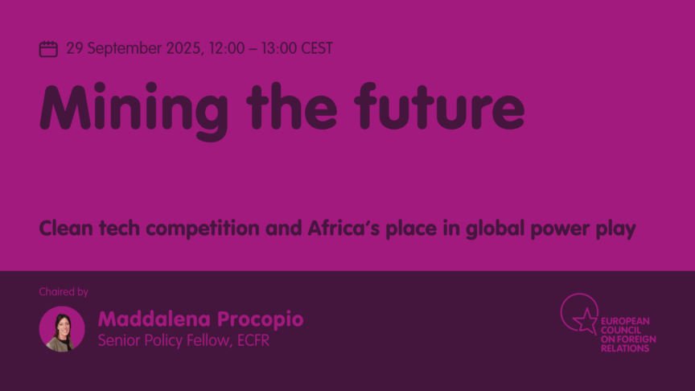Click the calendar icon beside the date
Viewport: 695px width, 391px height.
[x=48, y=49]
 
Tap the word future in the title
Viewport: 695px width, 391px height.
[x=440, y=106]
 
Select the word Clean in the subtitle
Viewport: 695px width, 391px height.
[x=66, y=228]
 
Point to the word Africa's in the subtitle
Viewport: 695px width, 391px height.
[x=344, y=228]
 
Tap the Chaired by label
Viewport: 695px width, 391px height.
[x=64, y=292]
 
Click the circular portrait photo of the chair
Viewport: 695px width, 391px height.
[x=62, y=329]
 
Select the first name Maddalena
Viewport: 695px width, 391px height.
[x=154, y=319]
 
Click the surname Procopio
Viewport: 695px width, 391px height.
[x=260, y=319]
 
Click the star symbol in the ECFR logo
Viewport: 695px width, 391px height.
[x=585, y=320]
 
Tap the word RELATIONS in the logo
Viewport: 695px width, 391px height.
[x=625, y=348]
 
